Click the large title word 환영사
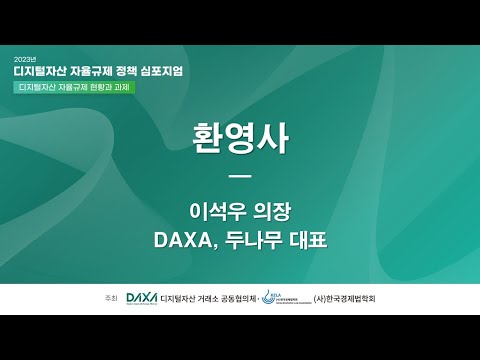pos(239,139)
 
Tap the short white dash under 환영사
pos(239,177)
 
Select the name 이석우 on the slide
pos(216,212)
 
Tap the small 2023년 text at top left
pos(25,57)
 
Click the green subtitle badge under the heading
pos(74,87)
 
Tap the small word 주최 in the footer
pos(111,299)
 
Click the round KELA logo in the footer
pos(268,297)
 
